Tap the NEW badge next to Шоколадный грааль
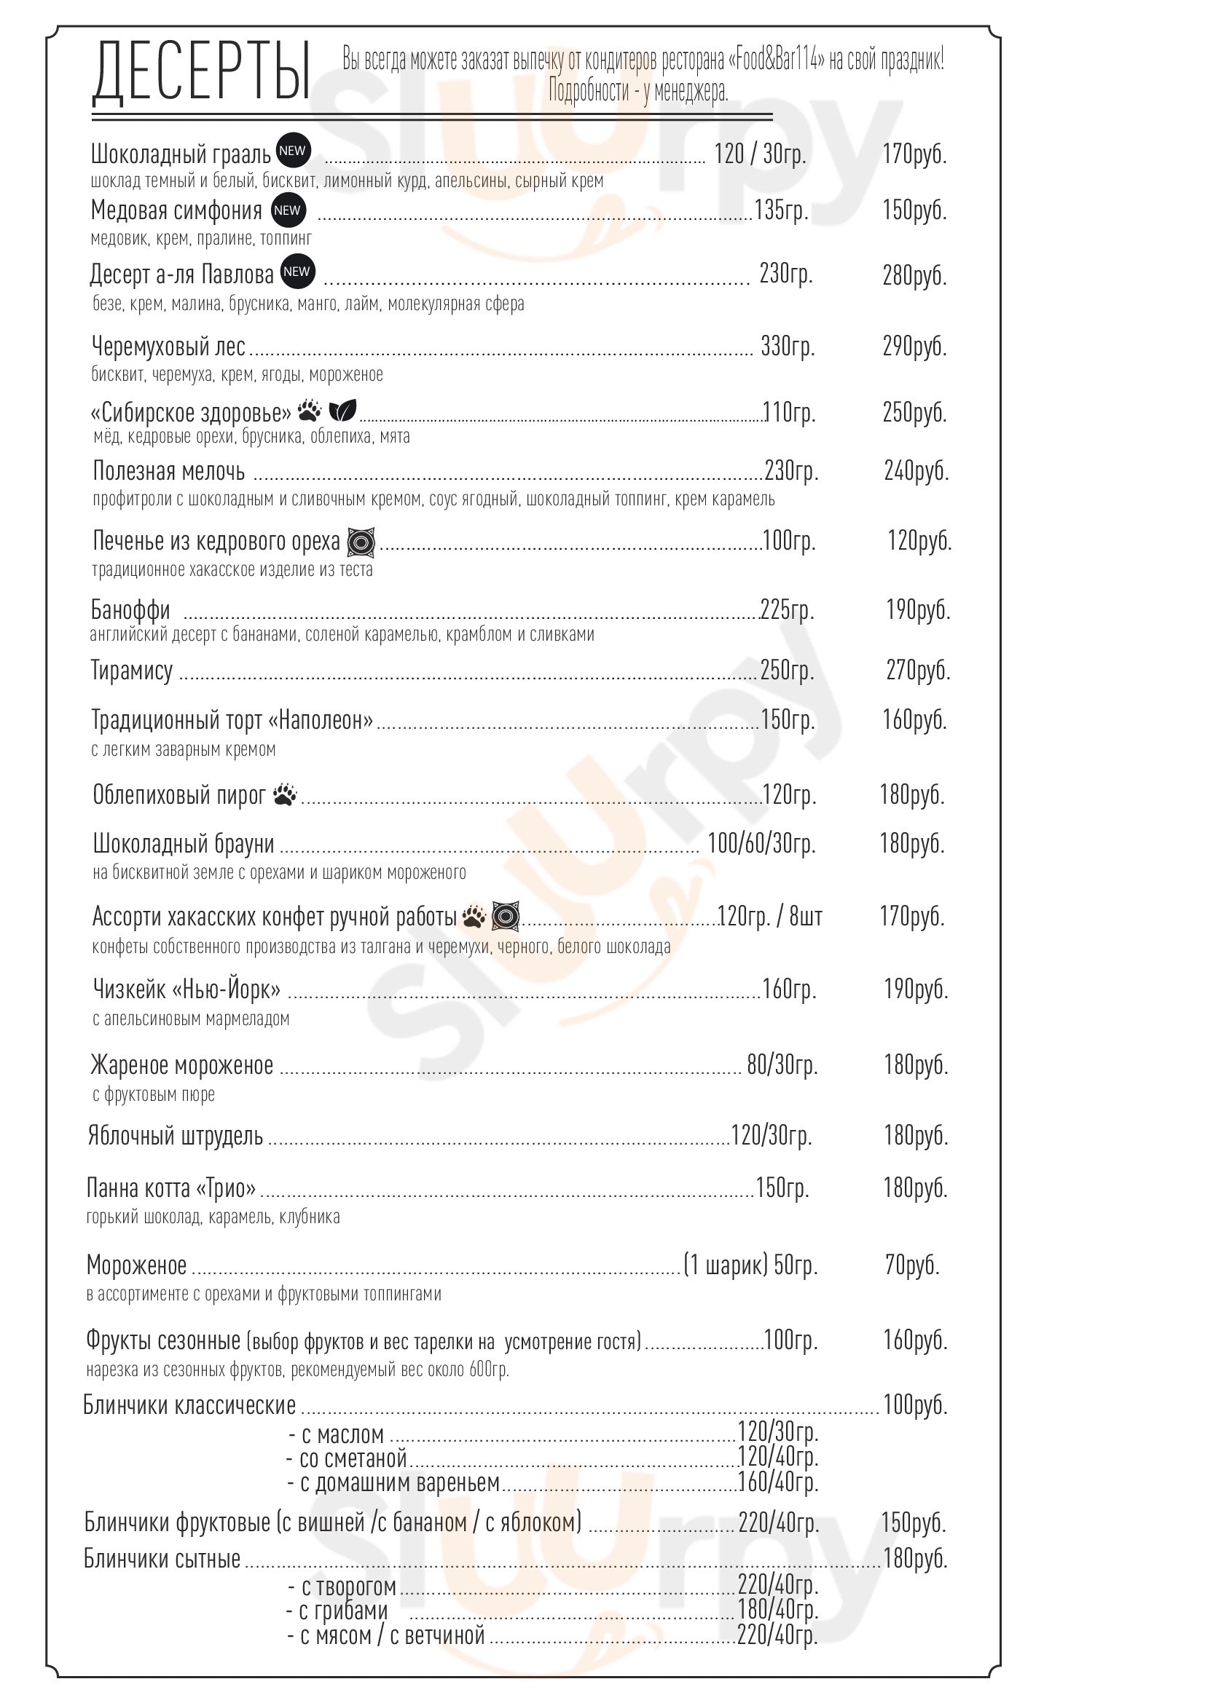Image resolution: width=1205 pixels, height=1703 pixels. tap(292, 151)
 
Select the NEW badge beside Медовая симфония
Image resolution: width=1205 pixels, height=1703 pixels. tap(287, 210)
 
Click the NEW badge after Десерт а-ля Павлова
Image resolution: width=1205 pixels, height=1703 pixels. tap(296, 272)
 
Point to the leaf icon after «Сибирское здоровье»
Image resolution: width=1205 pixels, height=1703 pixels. tap(343, 409)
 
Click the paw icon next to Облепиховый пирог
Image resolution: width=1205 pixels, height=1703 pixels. tap(285, 794)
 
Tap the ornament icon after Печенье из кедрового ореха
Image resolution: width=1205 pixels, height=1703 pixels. tap(361, 542)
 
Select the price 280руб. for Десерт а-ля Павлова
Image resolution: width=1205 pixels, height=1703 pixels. tap(914, 275)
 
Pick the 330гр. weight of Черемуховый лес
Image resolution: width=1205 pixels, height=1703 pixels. tap(788, 346)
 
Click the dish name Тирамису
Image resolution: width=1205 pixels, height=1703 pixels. tap(132, 670)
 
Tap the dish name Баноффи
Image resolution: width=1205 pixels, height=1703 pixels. tap(130, 609)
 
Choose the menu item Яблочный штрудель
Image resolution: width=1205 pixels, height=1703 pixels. tap(175, 1136)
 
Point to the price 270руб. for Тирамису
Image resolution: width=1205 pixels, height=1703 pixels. tap(918, 670)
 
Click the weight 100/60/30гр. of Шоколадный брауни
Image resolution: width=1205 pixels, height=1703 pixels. tap(761, 843)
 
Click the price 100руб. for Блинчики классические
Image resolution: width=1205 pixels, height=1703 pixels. tap(915, 1404)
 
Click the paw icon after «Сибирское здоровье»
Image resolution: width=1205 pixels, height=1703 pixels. tap(310, 409)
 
